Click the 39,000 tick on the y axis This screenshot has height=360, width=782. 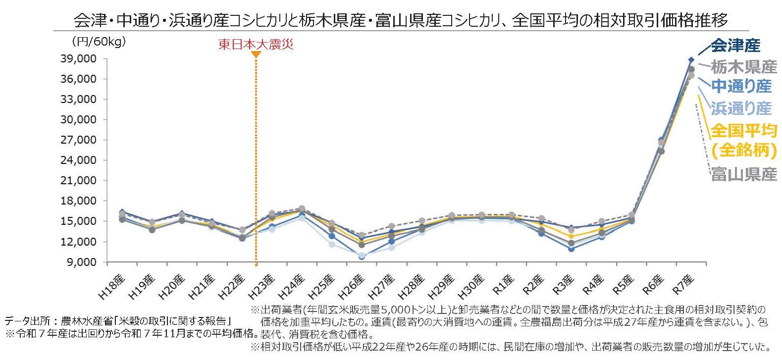pyautogui.click(x=78, y=59)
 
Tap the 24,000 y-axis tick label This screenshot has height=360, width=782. pyautogui.click(x=78, y=160)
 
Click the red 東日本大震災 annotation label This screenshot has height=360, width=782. pyautogui.click(x=256, y=45)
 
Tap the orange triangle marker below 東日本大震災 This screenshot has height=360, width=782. pyautogui.click(x=256, y=54)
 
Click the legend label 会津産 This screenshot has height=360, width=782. pyautogui.click(x=735, y=46)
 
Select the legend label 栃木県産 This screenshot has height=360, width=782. pyautogui.click(x=743, y=66)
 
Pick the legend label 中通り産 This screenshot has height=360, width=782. pyautogui.click(x=741, y=86)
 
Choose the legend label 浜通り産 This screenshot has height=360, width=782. pyautogui.click(x=741, y=108)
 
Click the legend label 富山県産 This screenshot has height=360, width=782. pyautogui.click(x=744, y=174)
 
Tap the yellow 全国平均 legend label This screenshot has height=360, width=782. pyautogui.click(x=743, y=131)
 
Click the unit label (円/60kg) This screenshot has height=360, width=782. pyautogui.click(x=99, y=42)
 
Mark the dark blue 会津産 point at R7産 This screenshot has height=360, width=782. pyautogui.click(x=691, y=59)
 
